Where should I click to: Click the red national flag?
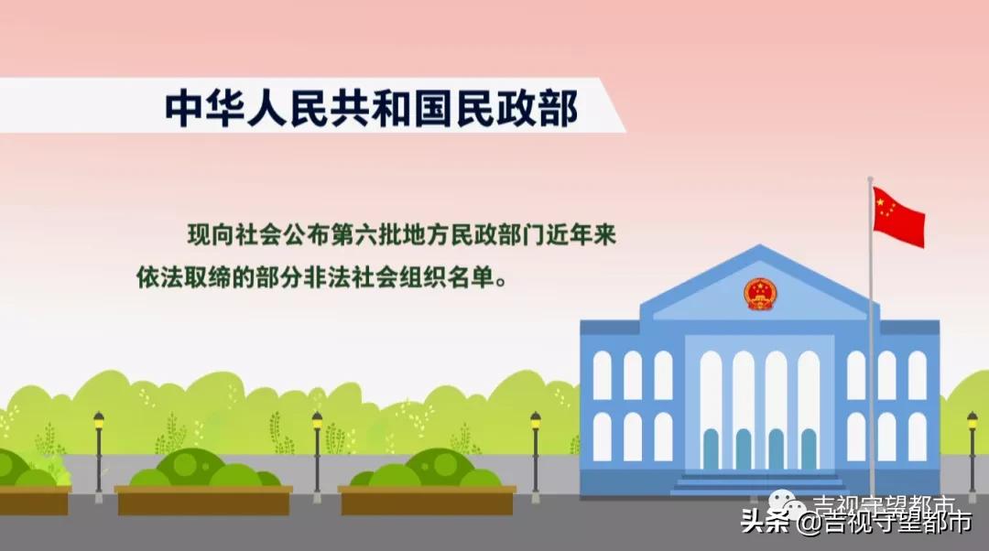(897, 217)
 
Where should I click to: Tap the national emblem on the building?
(759, 294)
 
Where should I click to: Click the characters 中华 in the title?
(199, 108)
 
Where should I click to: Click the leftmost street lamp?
(99, 453)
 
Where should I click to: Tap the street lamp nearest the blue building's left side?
(536, 453)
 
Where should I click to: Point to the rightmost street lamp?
(972, 453)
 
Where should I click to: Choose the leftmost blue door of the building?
(711, 448)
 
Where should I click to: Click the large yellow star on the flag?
(883, 204)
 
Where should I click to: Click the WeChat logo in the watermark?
(786, 504)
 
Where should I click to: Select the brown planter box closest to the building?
(427, 500)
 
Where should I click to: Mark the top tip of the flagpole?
(870, 179)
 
